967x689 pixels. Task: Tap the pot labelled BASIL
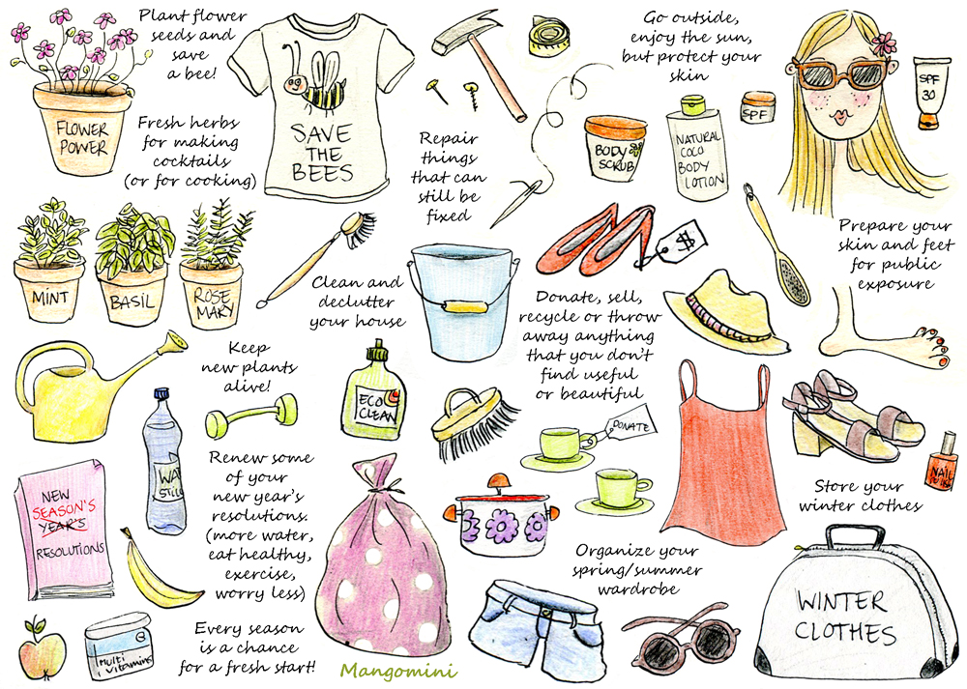point(132,295)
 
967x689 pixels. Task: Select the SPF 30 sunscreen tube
point(930,93)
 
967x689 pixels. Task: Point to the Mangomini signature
point(398,671)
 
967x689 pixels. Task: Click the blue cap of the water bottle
point(161,394)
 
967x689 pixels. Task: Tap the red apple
point(42,650)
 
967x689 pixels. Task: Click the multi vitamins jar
point(118,645)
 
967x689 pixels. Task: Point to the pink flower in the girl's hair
point(884,43)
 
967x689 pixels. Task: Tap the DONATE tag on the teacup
point(630,422)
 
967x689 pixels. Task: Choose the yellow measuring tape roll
point(550,37)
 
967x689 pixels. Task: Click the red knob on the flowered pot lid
point(497,480)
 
